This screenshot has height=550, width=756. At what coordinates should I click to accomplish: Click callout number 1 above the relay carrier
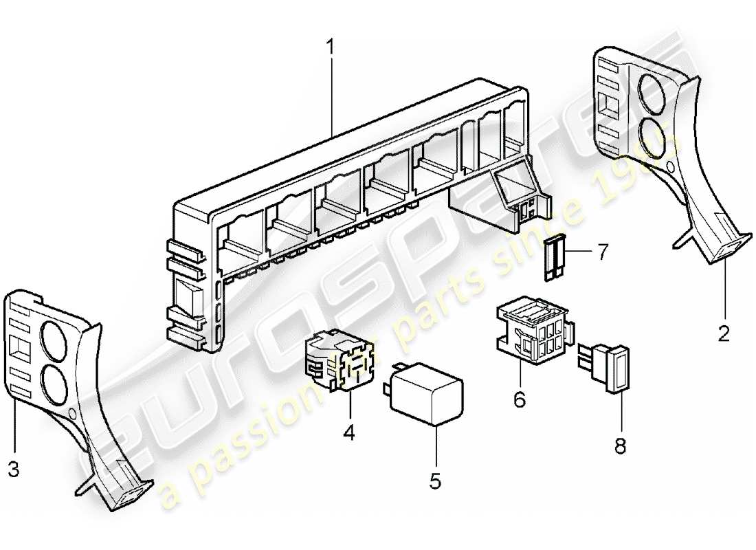pyautogui.click(x=331, y=49)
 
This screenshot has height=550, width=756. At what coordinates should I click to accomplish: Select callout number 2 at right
pyautogui.click(x=724, y=334)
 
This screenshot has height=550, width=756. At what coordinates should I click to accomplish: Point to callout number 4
pyautogui.click(x=349, y=434)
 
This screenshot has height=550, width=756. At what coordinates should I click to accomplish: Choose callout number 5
pyautogui.click(x=435, y=481)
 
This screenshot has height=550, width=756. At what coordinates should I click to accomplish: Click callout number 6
pyautogui.click(x=520, y=399)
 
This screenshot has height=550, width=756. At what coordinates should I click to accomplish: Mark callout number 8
pyautogui.click(x=621, y=447)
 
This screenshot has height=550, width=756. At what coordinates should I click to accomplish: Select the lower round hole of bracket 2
pyautogui.click(x=656, y=136)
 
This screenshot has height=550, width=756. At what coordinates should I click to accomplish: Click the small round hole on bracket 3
pyautogui.click(x=74, y=414)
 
